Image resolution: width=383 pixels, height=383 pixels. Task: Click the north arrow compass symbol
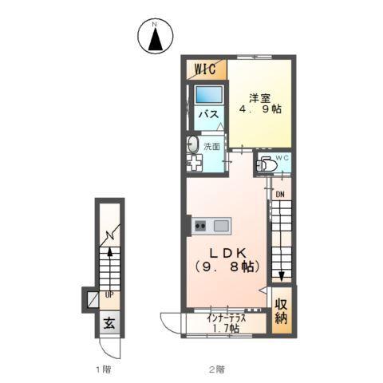click(156, 36)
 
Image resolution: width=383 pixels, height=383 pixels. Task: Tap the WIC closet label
click(205, 69)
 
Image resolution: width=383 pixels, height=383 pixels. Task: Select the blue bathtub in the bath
click(209, 94)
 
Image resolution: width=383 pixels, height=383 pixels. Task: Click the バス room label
click(209, 115)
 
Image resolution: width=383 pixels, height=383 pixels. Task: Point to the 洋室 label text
click(259, 98)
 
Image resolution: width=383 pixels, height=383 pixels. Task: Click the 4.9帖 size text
click(260, 109)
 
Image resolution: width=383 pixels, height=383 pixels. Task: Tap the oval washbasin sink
click(192, 144)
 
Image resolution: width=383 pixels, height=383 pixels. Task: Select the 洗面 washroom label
click(211, 146)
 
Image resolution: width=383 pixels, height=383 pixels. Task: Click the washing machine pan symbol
click(194, 163)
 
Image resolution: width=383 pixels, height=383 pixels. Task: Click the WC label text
click(282, 158)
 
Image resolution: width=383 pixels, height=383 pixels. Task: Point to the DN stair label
click(280, 195)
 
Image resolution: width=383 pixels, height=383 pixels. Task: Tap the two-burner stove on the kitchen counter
click(200, 227)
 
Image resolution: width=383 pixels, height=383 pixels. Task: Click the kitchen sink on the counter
click(221, 227)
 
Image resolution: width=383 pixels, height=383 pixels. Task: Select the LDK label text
click(227, 253)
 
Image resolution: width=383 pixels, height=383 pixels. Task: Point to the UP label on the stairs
click(109, 295)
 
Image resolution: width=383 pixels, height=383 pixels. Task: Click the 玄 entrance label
click(109, 323)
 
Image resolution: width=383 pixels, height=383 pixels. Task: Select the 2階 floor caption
click(216, 369)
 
